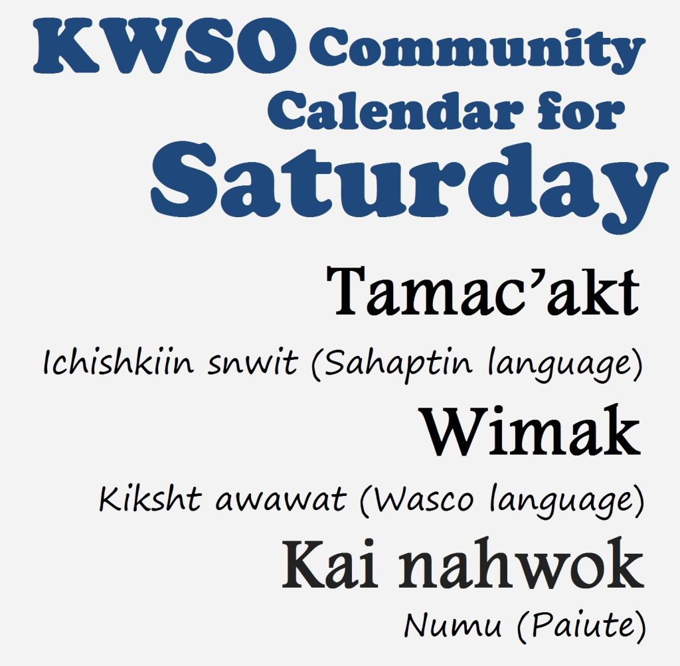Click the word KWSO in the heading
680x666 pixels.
[x=165, y=46]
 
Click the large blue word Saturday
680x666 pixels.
[x=409, y=187]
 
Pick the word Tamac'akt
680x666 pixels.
[x=483, y=291]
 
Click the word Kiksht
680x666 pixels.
[x=150, y=499]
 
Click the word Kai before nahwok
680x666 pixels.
[x=329, y=564]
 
